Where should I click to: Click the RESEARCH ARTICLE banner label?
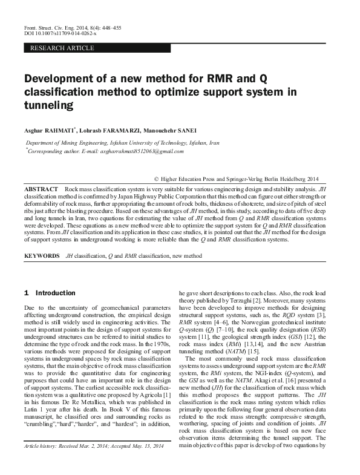(62, 47)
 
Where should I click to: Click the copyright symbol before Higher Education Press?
(157, 180)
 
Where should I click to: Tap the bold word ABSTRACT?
(41, 190)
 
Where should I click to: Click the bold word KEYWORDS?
(42, 257)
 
